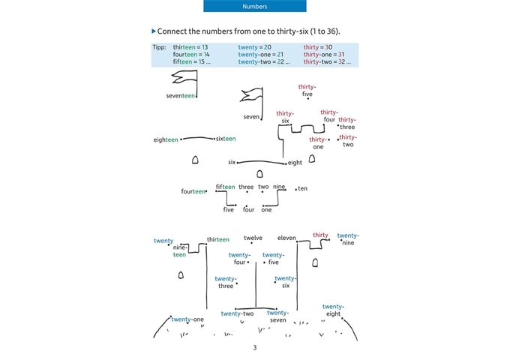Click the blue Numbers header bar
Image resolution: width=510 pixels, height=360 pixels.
point(255,6)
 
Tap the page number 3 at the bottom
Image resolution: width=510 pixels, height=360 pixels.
point(255,347)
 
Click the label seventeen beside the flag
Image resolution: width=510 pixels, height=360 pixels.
point(181,96)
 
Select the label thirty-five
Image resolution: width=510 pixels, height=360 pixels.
point(307,91)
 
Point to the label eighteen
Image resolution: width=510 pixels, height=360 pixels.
point(166,139)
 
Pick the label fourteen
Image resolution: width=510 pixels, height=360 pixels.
point(193,191)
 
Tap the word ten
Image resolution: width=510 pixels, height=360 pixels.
point(302,188)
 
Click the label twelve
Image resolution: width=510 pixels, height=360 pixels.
point(253,238)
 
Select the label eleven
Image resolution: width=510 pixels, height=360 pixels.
point(286,238)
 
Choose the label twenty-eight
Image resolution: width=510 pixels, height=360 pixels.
point(333,310)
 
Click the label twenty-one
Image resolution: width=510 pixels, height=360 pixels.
point(187,319)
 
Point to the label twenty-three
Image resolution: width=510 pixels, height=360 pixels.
point(226,282)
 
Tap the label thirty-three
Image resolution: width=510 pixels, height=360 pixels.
point(347,123)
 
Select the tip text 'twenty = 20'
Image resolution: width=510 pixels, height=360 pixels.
point(254,47)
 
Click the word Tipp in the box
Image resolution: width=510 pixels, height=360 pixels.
point(158,47)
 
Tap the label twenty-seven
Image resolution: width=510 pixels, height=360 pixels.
point(277,316)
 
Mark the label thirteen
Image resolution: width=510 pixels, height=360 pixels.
point(218,240)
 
